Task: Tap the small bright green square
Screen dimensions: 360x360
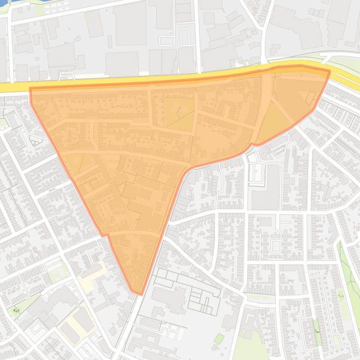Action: pos(218,338)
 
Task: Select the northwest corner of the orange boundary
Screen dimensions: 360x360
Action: pos(30,88)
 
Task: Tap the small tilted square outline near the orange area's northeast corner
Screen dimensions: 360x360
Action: pos(310,97)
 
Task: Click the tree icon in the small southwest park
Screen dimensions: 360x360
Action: pos(17,310)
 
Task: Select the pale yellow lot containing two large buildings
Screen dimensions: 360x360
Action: pos(77,323)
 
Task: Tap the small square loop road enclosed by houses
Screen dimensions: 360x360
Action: pos(276,245)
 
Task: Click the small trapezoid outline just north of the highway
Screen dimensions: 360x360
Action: pos(68,76)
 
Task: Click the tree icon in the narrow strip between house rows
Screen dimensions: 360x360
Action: pos(317,330)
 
